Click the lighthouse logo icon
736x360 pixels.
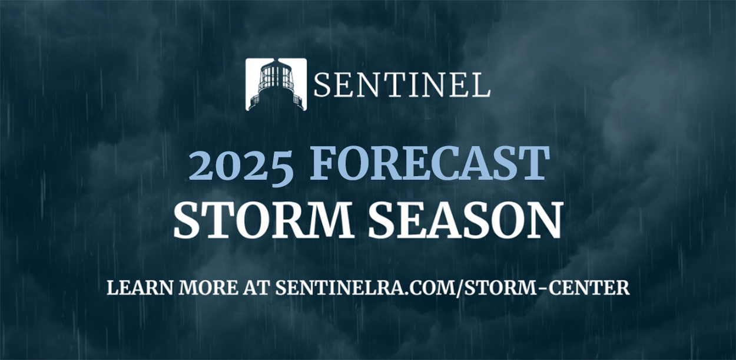tap(276, 84)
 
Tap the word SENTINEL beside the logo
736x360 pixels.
tap(402, 85)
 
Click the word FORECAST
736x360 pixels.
tap(429, 163)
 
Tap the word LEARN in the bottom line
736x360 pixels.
tap(140, 288)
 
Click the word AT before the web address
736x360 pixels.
tap(257, 288)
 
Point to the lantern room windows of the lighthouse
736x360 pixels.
tap(276, 76)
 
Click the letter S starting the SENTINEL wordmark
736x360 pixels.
tap(321, 85)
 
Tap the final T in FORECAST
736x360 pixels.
tap(534, 163)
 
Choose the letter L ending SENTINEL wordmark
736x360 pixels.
tap(482, 85)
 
